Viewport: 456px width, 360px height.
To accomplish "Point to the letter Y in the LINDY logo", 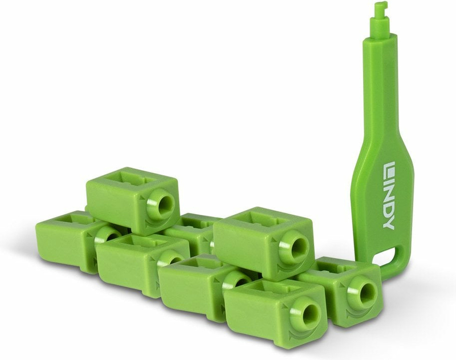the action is (389, 223).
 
